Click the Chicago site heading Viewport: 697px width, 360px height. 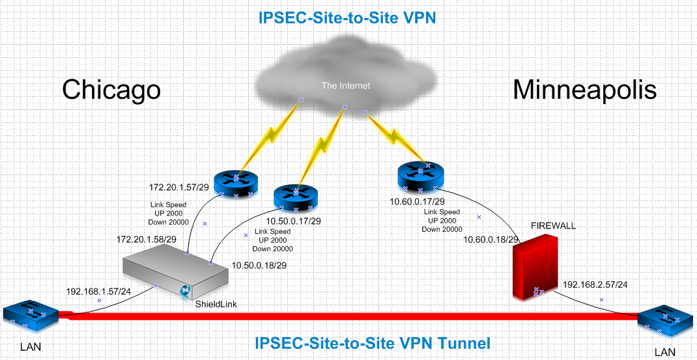(111, 90)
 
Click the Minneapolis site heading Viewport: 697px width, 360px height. (584, 90)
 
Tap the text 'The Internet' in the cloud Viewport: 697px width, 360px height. (345, 86)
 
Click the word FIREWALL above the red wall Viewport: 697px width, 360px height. (554, 226)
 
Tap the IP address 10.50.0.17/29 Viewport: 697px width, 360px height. (293, 221)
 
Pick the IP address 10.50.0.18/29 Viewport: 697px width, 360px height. (260, 265)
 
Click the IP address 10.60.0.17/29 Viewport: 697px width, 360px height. (418, 202)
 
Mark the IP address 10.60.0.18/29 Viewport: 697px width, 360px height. (491, 240)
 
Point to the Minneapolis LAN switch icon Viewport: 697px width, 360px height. (666, 323)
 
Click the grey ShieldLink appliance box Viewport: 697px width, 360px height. (176, 274)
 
